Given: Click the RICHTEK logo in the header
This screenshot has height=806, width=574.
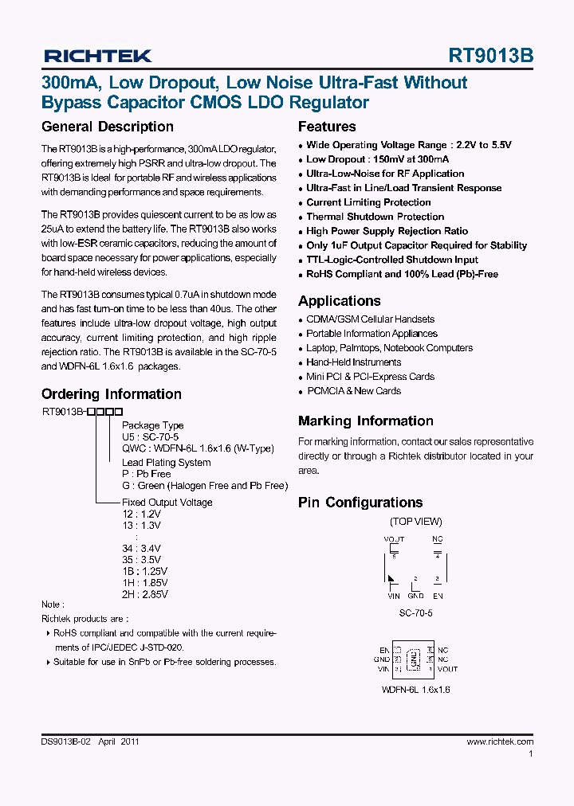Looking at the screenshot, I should coord(97,56).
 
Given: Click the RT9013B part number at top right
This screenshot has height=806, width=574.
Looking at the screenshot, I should coord(491,56).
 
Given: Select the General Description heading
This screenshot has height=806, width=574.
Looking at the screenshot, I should coord(107,127).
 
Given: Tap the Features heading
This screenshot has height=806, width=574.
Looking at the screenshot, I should coord(327,127).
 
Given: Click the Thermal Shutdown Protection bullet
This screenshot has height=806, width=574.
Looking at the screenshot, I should coord(375,217).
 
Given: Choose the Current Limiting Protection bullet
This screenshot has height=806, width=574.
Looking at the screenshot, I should coord(368,202).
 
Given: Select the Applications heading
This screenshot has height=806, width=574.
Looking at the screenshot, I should coord(339,301).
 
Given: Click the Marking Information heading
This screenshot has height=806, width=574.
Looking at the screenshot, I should coord(365,421).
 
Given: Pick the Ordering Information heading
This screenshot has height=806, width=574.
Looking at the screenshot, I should coord(111,394).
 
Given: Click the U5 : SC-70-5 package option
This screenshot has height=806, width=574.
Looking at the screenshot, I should coord(150,437).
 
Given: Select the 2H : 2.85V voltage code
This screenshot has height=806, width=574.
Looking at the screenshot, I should coord(144,593).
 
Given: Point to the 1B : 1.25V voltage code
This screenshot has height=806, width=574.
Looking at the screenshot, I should coord(144,571).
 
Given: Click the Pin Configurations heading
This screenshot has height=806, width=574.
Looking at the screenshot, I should coord(360,503).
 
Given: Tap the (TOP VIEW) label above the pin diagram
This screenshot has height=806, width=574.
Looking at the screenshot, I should coord(415,522).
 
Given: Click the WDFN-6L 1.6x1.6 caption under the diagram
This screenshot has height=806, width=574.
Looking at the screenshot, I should coord(415,690).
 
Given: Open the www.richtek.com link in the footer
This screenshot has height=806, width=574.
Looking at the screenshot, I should coord(500,741).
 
